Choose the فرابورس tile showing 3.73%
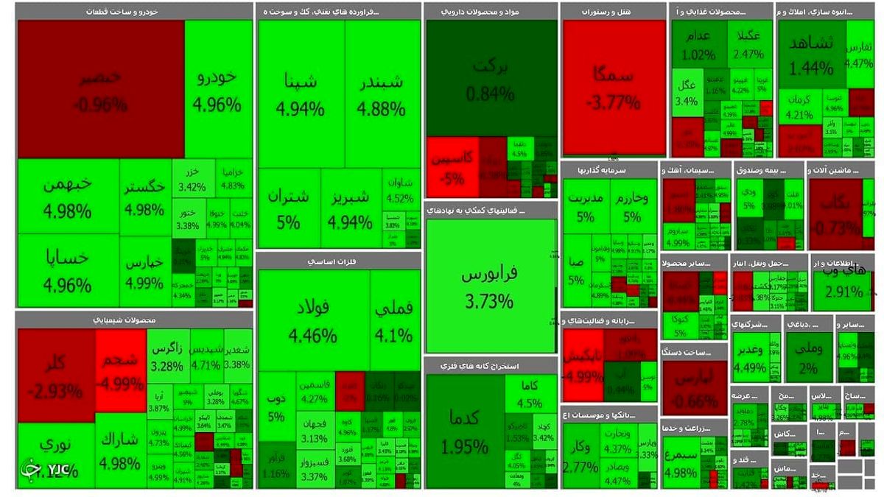(x=490, y=287)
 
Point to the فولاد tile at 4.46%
(x=313, y=320)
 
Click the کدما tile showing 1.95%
(x=464, y=431)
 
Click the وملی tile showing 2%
(x=808, y=358)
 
